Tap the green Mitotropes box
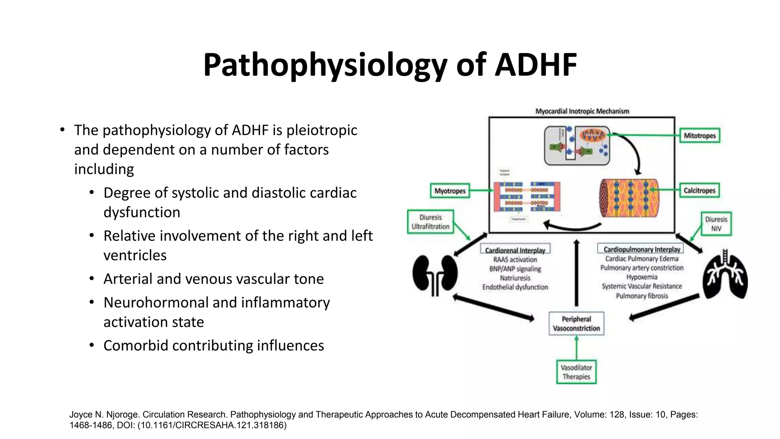click(700, 136)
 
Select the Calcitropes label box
click(699, 191)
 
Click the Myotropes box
click(450, 191)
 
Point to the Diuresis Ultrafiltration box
click(430, 222)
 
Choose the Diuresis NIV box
click(716, 224)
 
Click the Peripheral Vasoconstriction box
click(576, 324)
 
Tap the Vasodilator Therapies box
click(576, 372)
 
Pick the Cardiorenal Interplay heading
click(515, 250)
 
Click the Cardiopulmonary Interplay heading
click(641, 249)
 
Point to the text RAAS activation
click(515, 260)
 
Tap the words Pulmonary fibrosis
click(642, 296)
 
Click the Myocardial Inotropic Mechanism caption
click(582, 111)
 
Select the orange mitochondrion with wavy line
click(592, 135)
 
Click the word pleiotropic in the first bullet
click(321, 130)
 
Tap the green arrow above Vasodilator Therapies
click(576, 348)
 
